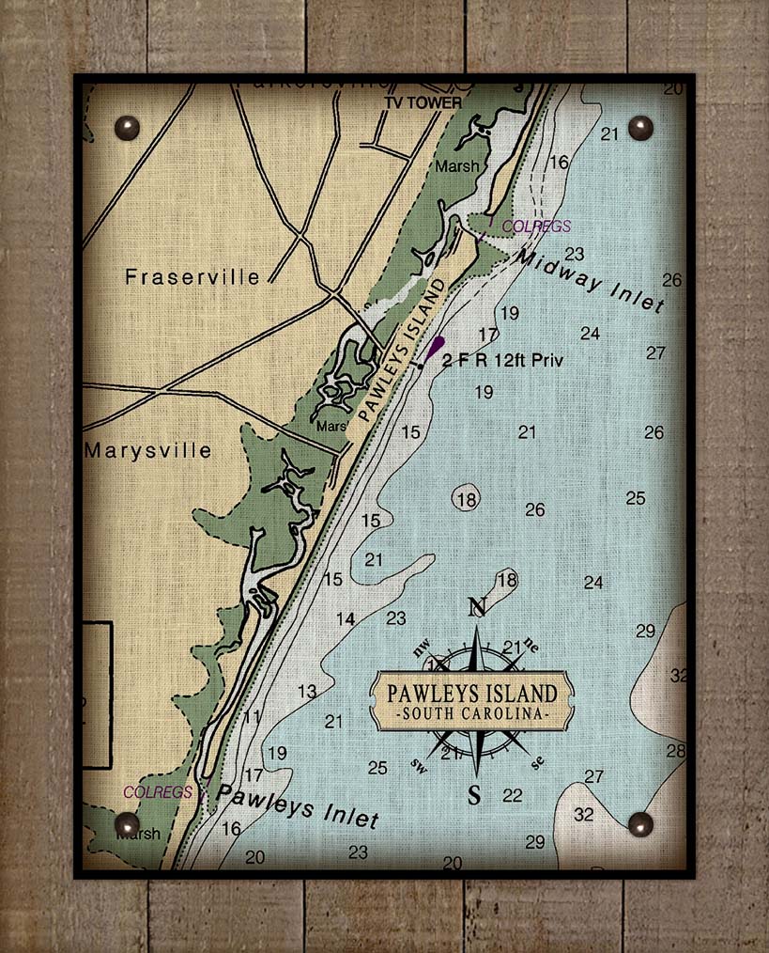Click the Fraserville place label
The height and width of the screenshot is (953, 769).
coord(192,277)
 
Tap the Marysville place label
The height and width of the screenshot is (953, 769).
coord(147,450)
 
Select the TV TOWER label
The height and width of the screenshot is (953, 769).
coord(423,102)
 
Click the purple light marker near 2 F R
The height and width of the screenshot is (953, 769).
coord(435,349)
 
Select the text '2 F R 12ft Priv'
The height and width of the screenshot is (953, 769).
coord(502,360)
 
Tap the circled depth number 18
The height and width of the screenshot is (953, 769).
coord(466,499)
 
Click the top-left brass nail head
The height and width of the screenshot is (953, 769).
coord(126,127)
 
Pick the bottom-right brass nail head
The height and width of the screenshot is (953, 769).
coord(640,824)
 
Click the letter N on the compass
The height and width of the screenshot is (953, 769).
coord(477,607)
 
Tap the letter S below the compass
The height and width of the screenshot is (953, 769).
coord(475,796)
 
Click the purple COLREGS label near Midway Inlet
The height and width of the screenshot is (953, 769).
coord(536,227)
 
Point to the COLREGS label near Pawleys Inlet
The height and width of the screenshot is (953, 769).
coord(158,792)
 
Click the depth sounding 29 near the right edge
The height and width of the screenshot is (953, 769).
coord(645,631)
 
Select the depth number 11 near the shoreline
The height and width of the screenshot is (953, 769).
coord(251,717)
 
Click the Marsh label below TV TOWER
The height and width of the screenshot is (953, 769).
coord(456,166)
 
